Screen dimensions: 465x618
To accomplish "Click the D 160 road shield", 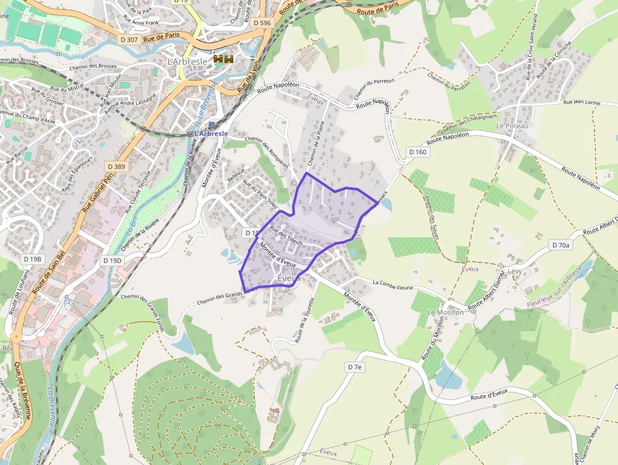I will (417, 152).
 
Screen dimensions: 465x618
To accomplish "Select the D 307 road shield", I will (129, 39).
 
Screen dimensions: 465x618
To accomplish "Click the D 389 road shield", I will (117, 167).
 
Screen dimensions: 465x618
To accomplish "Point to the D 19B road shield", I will (32, 259).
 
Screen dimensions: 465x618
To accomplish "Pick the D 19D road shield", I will (113, 261).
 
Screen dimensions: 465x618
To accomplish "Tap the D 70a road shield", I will (560, 245).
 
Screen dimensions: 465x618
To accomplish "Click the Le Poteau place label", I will (512, 126).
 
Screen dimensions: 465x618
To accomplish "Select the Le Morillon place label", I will (445, 312).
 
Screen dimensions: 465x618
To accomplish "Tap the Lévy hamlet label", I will (515, 271).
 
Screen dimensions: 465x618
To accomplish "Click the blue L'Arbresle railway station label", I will (211, 133).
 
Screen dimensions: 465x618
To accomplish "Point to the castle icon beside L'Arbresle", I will (224, 59).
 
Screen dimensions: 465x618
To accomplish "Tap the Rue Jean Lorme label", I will (581, 102).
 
